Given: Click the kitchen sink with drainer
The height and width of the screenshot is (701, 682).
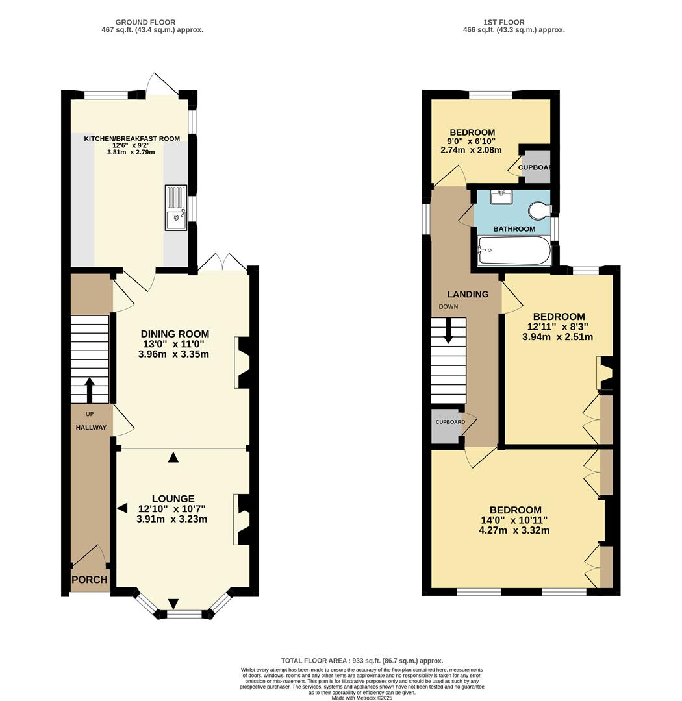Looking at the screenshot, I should point(176,208).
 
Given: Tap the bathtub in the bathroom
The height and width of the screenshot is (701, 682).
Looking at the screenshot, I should point(514,251).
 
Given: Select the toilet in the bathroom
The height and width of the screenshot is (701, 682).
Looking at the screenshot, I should point(539,210).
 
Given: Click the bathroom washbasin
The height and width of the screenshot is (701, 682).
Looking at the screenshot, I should point(501,197).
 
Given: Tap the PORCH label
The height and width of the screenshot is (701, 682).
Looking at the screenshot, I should point(90,580).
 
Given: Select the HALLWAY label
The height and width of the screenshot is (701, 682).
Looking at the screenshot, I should point(90,427).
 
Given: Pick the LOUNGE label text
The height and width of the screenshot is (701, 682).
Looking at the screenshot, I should point(173,498).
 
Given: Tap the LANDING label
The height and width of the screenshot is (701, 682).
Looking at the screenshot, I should point(468,294).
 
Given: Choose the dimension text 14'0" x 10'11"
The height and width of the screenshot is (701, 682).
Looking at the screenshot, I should point(514,520).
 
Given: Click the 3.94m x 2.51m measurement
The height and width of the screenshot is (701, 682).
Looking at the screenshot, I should point(557,337).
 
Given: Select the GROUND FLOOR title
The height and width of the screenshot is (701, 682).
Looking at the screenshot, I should point(145,22).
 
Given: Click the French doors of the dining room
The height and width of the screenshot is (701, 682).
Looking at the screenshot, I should point(223,264).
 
